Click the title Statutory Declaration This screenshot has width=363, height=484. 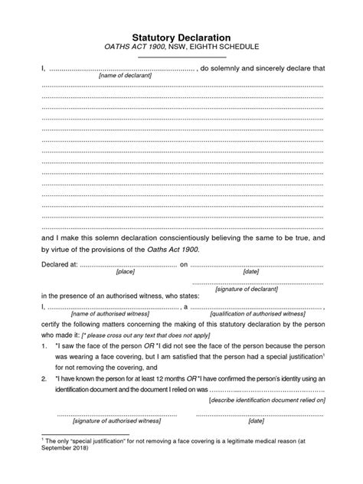coord(182,35)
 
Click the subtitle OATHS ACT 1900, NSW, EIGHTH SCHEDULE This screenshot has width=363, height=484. coord(182,47)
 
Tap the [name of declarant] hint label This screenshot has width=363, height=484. coord(125,76)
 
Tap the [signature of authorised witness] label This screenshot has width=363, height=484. coord(116,421)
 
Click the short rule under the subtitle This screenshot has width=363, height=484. coord(182,57)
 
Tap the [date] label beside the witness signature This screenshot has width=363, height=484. coord(256,421)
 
